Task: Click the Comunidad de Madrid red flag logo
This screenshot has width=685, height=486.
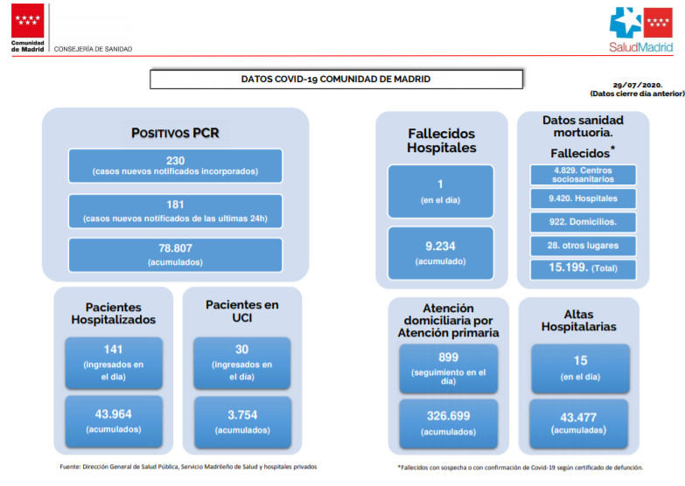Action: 27,20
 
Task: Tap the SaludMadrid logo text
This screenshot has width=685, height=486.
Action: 641,47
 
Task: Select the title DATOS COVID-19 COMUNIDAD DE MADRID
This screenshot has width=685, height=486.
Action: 336,79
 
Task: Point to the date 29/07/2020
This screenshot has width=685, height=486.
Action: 638,85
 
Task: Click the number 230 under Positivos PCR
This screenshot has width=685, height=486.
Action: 175,160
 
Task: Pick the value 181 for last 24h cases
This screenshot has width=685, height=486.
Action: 175,205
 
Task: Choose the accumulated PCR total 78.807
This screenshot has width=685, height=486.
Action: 175,248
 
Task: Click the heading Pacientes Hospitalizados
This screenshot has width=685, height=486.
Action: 114,313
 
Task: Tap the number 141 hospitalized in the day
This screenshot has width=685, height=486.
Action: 113,350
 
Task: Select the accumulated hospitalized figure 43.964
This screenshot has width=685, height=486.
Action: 114,414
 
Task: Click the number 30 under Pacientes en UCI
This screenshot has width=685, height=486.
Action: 242,350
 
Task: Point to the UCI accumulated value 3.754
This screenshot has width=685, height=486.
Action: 242,415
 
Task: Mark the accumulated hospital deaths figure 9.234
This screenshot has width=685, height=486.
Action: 440,246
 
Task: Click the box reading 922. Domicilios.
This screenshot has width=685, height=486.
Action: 584,222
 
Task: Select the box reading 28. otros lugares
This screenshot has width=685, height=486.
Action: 584,246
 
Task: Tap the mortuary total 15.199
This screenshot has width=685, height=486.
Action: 569,267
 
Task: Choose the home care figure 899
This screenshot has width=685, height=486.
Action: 448,358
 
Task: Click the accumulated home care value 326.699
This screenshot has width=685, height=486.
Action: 448,416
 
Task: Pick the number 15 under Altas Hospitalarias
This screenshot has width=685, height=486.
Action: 581,360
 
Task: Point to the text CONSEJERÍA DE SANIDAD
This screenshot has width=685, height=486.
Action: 93,49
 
